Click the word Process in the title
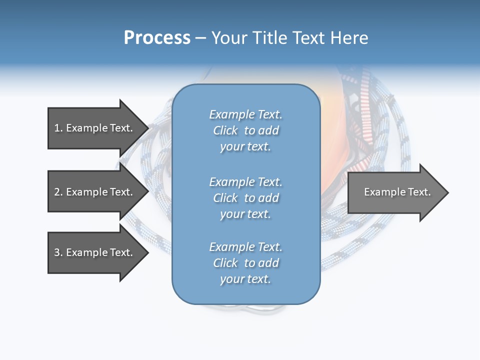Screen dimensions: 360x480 [157, 38]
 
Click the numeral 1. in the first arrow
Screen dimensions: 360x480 [58, 128]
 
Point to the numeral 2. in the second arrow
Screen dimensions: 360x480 [58, 192]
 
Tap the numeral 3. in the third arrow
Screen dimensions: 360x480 [58, 252]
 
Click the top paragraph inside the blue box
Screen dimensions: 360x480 [245, 130]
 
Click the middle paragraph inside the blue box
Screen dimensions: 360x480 [245, 198]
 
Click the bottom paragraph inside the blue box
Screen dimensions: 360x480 [245, 263]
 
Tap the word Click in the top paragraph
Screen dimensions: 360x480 [225, 130]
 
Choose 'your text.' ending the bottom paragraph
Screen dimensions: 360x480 [245, 279]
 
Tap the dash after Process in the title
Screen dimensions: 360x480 [200, 38]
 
